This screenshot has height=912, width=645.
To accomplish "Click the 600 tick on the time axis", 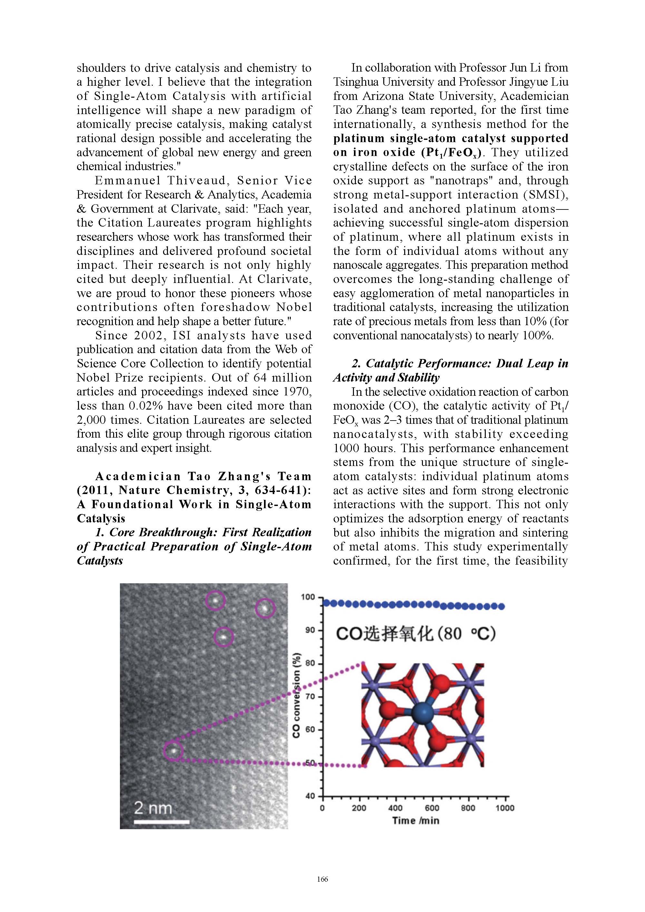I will tap(432, 808).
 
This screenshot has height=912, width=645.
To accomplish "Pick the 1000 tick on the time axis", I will tap(505, 808).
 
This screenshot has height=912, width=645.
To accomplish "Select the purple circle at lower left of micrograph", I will tap(173, 751).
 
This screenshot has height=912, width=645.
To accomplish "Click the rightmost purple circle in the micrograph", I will tap(265, 608).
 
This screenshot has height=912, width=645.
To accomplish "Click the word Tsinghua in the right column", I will tap(356, 82).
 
